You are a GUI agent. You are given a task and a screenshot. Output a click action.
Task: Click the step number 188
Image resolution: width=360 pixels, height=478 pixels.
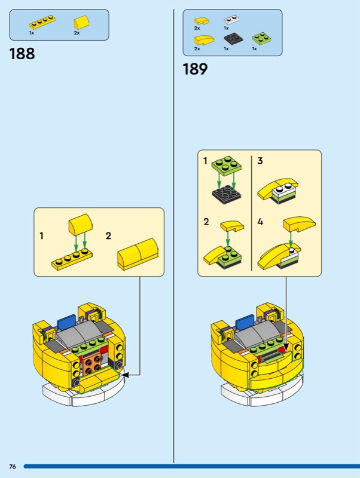coord(22,54)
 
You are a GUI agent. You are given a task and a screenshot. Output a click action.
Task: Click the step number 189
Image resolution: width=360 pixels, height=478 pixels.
coord(196,69)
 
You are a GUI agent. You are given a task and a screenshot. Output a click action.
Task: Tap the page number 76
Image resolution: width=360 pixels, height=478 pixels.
coord(13,467)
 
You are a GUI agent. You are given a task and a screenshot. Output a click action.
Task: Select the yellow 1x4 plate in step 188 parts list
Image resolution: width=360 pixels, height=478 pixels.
coord(42,22)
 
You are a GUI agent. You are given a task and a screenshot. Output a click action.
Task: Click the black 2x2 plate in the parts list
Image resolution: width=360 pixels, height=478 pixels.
coord(234,39)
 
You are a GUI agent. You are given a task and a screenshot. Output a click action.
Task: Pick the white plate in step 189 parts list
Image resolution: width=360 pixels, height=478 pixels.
coord(231,20)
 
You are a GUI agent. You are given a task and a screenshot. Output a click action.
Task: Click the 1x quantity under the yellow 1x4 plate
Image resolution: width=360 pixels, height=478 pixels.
coord(32,33)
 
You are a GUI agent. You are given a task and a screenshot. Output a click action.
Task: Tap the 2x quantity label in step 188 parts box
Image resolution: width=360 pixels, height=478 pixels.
coord(77,33)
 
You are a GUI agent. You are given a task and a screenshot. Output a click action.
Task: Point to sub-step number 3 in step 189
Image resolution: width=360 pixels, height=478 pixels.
coord(260,161)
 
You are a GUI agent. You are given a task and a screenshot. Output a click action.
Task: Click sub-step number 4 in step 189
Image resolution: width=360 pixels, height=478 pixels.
coord(260,222)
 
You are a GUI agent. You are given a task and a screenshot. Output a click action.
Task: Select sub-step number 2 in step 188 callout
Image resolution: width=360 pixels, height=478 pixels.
coord(108,235)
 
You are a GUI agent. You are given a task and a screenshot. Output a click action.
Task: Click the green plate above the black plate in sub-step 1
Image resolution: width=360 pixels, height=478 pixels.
coord(227,166)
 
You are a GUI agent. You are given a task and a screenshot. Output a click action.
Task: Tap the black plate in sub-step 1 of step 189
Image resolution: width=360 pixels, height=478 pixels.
coord(227,194)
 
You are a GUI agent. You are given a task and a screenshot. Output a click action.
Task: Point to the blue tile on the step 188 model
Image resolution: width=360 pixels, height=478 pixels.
coord(66,321)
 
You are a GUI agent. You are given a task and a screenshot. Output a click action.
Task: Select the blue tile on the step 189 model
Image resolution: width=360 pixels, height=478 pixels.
coord(245,321)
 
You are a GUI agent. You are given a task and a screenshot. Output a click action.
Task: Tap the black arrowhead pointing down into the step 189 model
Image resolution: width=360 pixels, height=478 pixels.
coord(286,347)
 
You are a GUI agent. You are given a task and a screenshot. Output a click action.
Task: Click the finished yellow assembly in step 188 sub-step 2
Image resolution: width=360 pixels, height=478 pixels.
coord(138,254)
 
